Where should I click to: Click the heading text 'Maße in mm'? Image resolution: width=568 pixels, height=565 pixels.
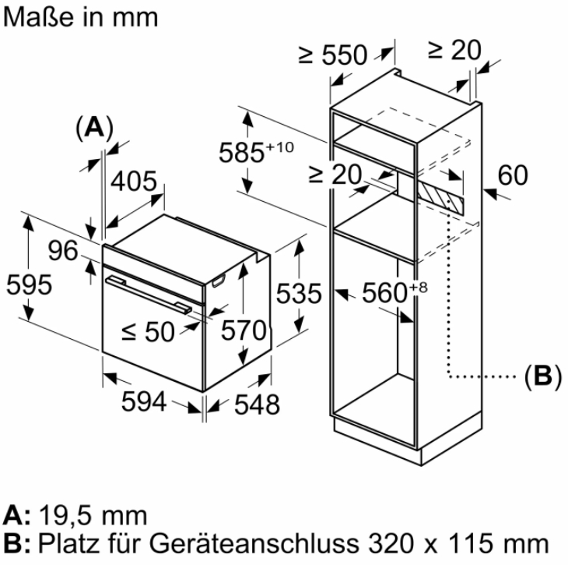coord(80,16)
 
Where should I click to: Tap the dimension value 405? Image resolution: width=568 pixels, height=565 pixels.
coord(134,182)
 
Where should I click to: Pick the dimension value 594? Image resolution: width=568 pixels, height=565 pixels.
coord(145,402)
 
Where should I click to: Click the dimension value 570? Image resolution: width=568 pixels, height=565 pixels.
coord(243,330)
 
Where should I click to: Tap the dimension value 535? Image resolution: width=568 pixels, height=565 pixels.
coord(300,294)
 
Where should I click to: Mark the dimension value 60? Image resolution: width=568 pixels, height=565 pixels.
coord(512,175)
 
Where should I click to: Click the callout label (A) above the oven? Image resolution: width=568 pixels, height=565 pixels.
coord(94,127)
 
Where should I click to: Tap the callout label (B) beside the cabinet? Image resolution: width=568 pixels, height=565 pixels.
coord(542,376)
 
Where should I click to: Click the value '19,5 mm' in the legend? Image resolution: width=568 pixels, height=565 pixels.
coord(96,515)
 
